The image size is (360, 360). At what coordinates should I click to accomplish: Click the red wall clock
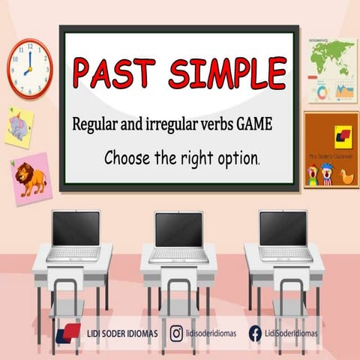tap(30, 67)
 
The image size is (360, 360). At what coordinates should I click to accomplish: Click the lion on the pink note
tap(32, 178)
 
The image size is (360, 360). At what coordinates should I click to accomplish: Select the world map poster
tap(331, 71)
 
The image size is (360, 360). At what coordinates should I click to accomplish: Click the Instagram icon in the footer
tap(176, 332)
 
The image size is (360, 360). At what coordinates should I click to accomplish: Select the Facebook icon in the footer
tap(255, 332)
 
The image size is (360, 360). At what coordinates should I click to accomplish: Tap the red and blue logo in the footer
tap(68, 332)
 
